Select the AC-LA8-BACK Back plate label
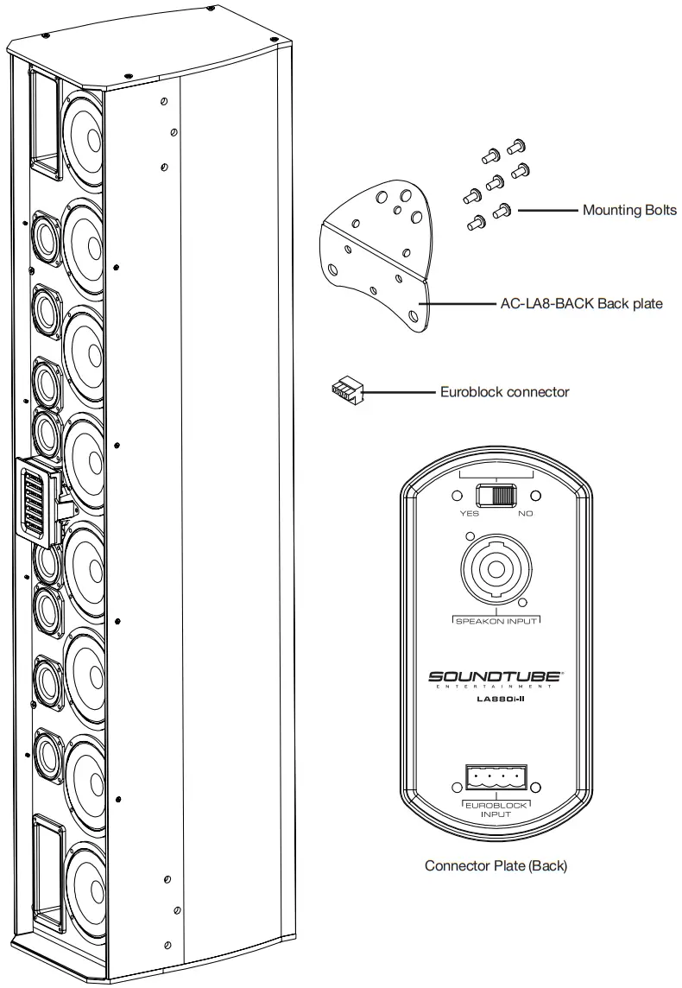[x=582, y=304]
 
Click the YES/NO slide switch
[x=496, y=496]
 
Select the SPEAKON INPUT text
[x=496, y=621]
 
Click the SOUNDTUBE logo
[x=496, y=678]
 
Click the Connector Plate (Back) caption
[x=496, y=865]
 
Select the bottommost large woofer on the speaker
[x=82, y=888]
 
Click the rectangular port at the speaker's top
[x=46, y=117]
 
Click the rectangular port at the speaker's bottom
[x=47, y=872]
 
